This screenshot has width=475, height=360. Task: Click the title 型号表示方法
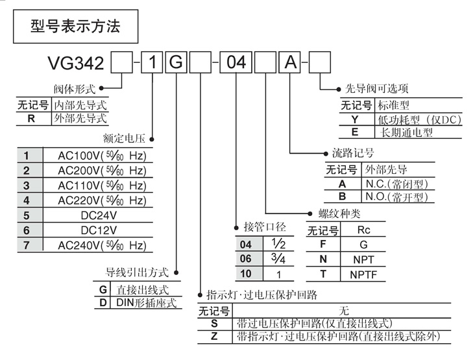pos(75,27)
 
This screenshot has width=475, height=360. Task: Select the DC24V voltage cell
pos(99,215)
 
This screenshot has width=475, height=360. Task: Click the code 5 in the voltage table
pos(27,215)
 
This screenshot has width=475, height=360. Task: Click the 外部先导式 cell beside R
pos(80,118)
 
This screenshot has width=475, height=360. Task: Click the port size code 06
pos(245,259)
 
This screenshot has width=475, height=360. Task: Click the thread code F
pos(323,245)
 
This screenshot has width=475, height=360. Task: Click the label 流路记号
pos(352,154)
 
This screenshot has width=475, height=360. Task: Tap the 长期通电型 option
pos(407,133)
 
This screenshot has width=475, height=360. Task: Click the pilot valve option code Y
pos(355,119)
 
